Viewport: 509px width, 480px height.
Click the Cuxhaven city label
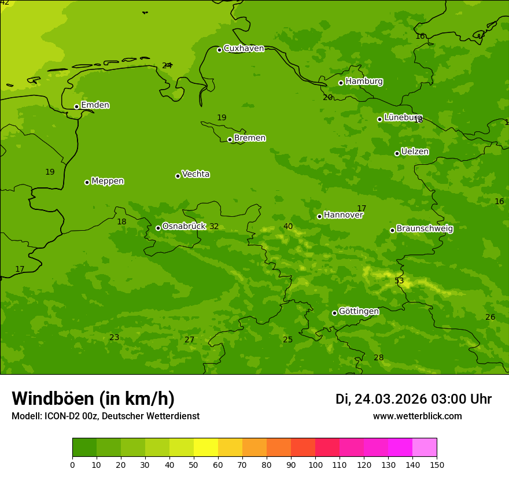[x=244, y=49]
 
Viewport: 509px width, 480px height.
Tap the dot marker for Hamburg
[x=341, y=83]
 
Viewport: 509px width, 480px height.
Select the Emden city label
[x=95, y=105]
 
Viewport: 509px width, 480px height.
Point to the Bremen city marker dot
[x=230, y=139]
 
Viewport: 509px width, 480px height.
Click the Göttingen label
[x=359, y=312]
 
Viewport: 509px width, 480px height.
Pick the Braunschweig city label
[x=425, y=229]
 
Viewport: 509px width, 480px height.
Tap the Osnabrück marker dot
[x=158, y=228]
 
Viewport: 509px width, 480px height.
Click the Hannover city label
[x=343, y=215]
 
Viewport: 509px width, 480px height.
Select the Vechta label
[x=196, y=174]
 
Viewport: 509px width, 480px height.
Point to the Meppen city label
[x=108, y=181]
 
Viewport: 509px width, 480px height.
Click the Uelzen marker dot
[x=397, y=153]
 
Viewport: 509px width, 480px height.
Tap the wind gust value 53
[x=399, y=281]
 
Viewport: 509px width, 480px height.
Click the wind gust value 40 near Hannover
[x=288, y=227]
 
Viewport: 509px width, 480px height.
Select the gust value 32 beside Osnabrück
[x=214, y=227]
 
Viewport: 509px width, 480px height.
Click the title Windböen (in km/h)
[x=93, y=398]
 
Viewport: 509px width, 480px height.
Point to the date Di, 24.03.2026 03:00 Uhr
[x=414, y=399]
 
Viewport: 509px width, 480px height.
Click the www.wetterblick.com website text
[x=417, y=416]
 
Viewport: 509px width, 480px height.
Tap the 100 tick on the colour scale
[x=315, y=464]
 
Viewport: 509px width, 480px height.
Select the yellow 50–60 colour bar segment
[x=206, y=448]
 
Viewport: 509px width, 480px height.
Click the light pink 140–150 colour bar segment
[x=425, y=448]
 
